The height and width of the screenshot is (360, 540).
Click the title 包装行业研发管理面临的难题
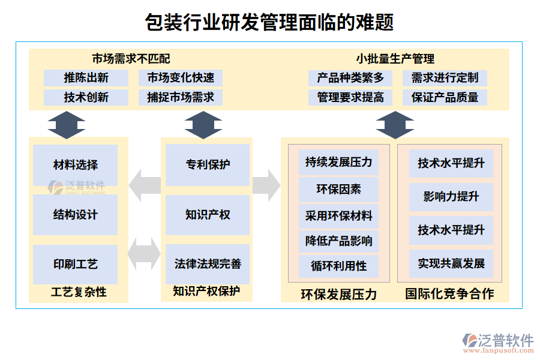point(269,23)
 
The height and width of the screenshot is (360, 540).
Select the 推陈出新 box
point(86,77)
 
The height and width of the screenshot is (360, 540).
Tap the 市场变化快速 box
point(181,77)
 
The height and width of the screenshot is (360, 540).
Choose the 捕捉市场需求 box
point(181,97)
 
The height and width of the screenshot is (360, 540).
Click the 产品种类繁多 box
point(350,77)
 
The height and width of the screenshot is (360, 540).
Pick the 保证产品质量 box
point(445,97)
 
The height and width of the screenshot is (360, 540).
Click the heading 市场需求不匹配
point(131,59)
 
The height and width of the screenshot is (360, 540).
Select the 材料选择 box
point(76,164)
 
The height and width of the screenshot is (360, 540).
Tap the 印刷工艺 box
point(76,264)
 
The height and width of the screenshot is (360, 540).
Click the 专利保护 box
point(208,164)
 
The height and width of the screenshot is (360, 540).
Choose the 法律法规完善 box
point(208,264)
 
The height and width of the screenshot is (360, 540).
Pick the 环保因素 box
point(339,190)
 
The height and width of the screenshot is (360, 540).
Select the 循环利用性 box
point(339,266)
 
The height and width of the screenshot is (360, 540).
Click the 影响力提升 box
point(451,197)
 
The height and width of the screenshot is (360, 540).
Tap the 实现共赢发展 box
point(451,263)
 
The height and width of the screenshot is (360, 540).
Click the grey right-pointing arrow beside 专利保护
point(266,185)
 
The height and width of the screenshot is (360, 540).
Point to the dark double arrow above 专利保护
point(203,125)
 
